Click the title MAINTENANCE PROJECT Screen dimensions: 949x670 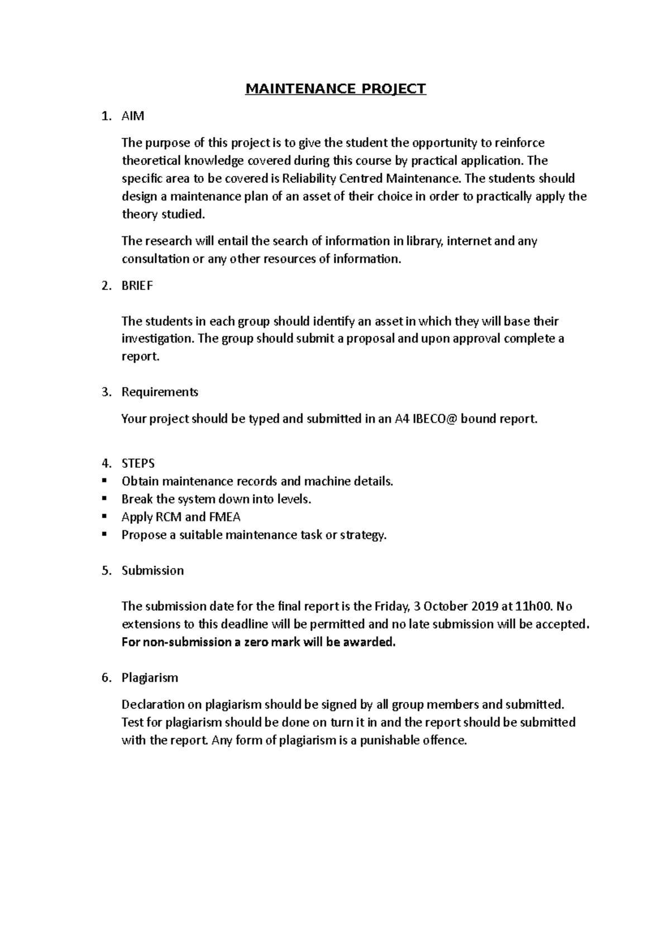coord(336,89)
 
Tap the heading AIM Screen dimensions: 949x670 coord(133,116)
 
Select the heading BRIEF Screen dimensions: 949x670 coord(137,286)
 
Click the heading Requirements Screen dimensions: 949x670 coord(160,392)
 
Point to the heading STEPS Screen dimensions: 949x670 coord(138,463)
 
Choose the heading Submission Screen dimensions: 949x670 coord(152,571)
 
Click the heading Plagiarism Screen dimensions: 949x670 coord(150,678)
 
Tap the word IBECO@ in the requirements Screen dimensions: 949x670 coord(434,419)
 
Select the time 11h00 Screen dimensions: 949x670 coord(534,606)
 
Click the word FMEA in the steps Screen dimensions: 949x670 coord(225,517)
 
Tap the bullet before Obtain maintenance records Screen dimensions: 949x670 coord(104,481)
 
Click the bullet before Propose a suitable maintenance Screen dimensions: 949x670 coord(104,535)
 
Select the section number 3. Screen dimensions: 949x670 coord(107,392)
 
